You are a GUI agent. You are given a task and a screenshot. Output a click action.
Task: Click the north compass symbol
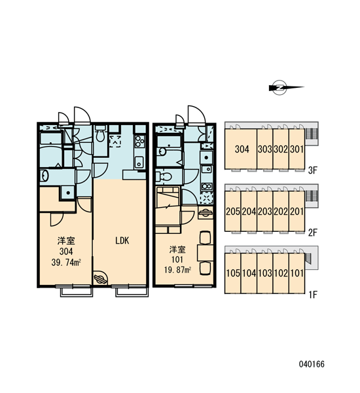(286, 88)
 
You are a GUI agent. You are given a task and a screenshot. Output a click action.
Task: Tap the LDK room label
(122, 240)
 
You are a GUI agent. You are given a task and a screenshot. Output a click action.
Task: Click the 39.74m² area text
(66, 263)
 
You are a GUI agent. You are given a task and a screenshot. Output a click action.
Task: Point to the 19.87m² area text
(178, 270)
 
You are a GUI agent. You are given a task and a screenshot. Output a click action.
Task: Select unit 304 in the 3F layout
(242, 149)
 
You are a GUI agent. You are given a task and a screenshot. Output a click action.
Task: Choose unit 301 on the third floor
(297, 149)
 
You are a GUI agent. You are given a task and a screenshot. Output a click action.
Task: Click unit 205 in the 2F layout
(233, 212)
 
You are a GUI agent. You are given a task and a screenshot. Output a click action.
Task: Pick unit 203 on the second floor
(265, 212)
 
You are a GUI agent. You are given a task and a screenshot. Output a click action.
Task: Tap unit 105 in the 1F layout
(233, 273)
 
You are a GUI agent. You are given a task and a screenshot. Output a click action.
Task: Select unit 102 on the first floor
(281, 273)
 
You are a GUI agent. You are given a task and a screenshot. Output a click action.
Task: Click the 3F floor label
(313, 171)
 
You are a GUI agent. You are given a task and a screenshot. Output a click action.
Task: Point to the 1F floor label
(313, 295)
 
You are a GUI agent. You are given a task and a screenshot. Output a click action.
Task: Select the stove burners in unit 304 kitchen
(139, 141)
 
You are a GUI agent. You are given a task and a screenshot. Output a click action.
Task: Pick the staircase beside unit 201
(311, 196)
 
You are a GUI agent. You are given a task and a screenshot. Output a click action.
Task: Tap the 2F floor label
(313, 233)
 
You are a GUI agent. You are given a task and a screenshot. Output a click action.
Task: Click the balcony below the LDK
(132, 292)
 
